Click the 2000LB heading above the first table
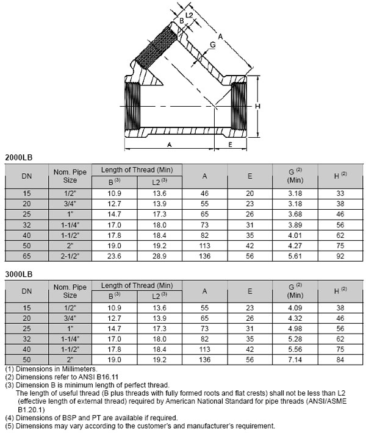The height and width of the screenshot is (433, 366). (18, 157)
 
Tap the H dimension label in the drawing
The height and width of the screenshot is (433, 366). (258, 107)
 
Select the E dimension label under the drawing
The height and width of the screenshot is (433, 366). (230, 145)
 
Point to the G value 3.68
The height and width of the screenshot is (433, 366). (295, 215)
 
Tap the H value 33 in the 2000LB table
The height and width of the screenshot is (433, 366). (340, 193)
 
